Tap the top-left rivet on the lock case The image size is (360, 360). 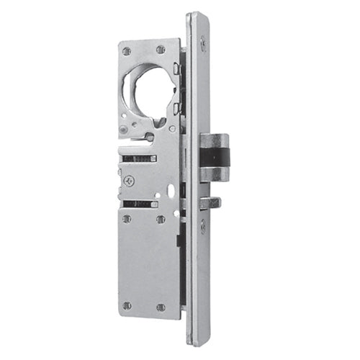coord(127,52)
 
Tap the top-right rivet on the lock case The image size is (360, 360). coord(161,50)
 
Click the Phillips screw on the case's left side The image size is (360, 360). coord(130,182)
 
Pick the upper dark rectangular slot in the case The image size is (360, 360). coord(140,158)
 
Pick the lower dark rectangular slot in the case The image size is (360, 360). coord(140,204)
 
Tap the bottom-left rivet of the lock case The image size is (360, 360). coord(127,305)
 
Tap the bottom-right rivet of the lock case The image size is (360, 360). coord(161,307)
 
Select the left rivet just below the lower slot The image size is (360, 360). coord(127,219)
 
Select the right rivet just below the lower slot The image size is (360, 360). coord(161,219)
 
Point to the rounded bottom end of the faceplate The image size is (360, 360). coord(198,340)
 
